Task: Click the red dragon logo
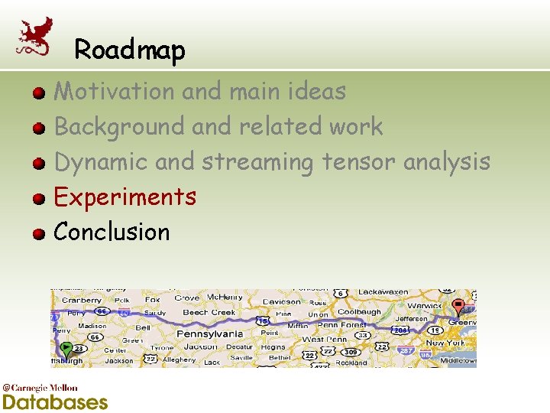point(35,36)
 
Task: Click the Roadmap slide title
point(130,50)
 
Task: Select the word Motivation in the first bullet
point(114,91)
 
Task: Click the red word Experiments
point(125,197)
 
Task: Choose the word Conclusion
point(112,232)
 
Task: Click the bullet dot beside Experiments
point(39,198)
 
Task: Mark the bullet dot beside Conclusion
point(39,233)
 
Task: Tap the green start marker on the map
point(66,350)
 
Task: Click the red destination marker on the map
point(458,307)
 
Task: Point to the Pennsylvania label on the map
point(211,333)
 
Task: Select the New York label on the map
point(445,343)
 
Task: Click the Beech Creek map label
point(209,312)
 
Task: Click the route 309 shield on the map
point(351,352)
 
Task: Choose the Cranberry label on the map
point(81,301)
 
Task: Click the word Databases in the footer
point(55,402)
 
